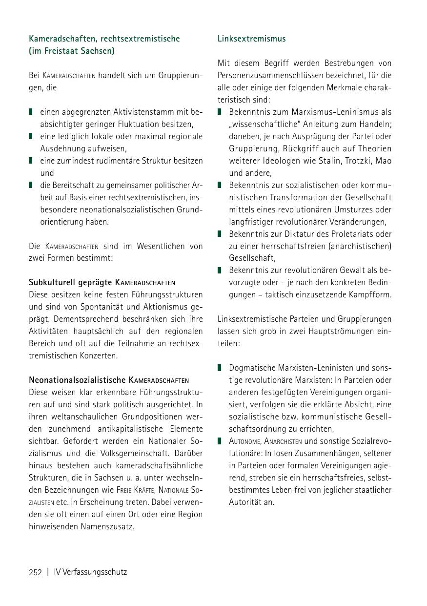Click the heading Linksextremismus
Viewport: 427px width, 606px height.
coord(251,39)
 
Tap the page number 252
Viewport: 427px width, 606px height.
coord(35,572)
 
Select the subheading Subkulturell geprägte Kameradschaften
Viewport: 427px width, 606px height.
coord(102,282)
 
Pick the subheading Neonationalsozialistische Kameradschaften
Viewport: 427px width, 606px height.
coord(108,380)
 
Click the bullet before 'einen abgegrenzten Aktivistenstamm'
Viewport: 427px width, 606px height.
coord(31,112)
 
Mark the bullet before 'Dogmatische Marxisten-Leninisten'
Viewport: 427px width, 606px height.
coord(220,368)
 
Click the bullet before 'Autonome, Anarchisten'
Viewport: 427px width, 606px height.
coord(220,441)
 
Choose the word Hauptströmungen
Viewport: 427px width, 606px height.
coord(334,331)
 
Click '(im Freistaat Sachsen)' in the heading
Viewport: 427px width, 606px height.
coord(71,51)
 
